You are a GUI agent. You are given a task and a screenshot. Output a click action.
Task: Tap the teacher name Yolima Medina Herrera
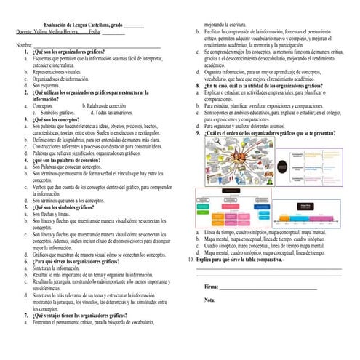tap(60, 33)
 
